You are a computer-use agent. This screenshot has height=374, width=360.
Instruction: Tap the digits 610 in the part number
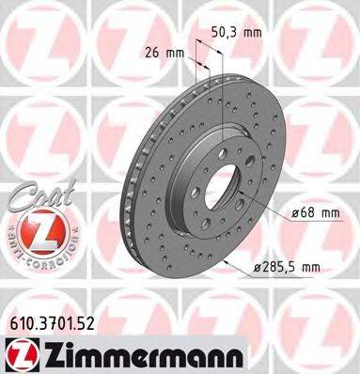[18, 323]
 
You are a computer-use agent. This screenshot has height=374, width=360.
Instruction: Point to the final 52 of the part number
[86, 323]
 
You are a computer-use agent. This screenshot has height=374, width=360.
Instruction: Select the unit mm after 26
[174, 52]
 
